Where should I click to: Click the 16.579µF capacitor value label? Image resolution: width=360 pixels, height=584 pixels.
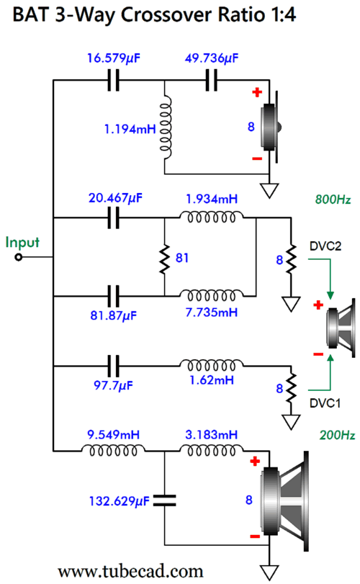click(114, 58)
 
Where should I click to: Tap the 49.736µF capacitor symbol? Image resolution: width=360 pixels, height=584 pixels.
click(212, 80)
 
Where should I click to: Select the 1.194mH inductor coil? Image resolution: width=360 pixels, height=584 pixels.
click(166, 127)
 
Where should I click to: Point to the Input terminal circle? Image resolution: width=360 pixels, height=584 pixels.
click(19, 257)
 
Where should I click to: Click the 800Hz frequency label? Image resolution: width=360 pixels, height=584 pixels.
click(333, 199)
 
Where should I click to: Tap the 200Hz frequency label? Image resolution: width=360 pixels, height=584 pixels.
click(337, 435)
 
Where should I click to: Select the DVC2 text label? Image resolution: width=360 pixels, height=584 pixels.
click(325, 246)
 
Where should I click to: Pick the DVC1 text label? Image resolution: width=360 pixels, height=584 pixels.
click(325, 403)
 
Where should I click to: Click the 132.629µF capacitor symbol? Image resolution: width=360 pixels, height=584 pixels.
click(164, 500)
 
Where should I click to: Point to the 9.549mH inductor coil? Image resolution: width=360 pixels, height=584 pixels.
click(113, 450)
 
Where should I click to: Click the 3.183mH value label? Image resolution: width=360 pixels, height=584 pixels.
click(211, 435)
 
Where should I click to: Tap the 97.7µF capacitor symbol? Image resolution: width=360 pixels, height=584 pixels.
click(114, 366)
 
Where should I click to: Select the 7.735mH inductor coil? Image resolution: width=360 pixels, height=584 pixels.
click(212, 295)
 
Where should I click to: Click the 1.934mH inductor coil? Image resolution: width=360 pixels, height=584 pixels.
click(212, 217)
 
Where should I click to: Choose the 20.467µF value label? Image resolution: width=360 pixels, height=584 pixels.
click(115, 198)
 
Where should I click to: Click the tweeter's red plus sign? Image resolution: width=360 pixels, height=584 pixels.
click(257, 92)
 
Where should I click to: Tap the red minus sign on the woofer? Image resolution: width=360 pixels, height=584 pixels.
click(255, 536)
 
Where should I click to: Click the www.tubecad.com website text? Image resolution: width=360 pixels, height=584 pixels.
click(130, 571)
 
